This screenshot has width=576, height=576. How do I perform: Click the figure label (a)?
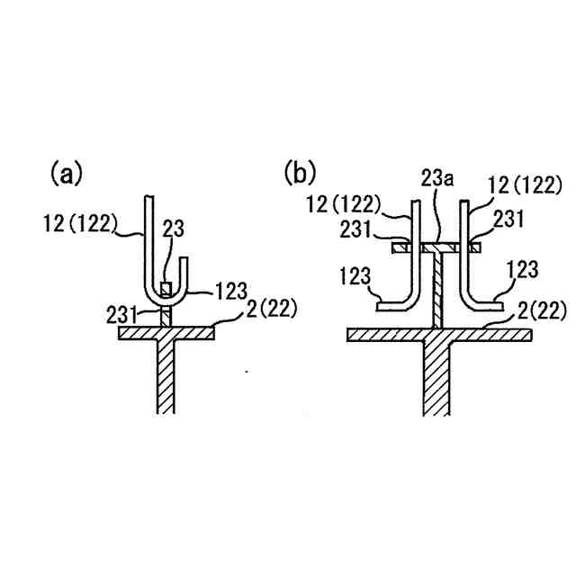66,173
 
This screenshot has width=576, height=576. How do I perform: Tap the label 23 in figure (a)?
173,230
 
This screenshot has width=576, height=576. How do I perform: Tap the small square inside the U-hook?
166,289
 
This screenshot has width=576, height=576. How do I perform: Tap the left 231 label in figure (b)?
358,229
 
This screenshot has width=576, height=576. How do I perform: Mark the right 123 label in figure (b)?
523,267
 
